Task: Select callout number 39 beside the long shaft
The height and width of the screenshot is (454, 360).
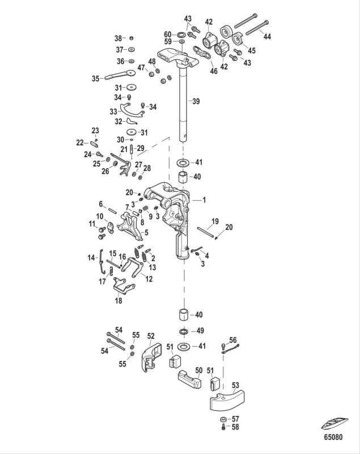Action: point(196,102)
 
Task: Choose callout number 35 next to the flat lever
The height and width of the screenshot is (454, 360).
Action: point(95,78)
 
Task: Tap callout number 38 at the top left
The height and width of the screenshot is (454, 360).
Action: point(118,39)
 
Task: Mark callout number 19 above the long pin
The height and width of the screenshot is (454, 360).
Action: point(215,221)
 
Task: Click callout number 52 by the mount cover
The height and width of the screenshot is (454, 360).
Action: point(151,335)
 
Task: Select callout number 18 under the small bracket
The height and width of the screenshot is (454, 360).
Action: point(119,301)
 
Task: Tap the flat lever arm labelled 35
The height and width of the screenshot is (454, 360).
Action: point(122,75)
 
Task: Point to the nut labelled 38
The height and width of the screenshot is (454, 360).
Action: point(131,39)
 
